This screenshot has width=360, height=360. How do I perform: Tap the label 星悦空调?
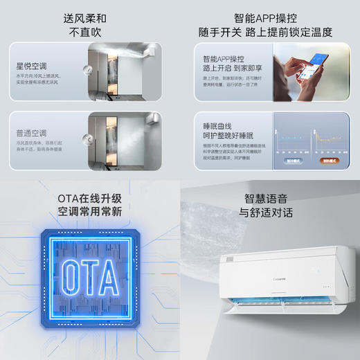tap(31, 66)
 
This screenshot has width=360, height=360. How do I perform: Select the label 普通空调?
tap(31, 133)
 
